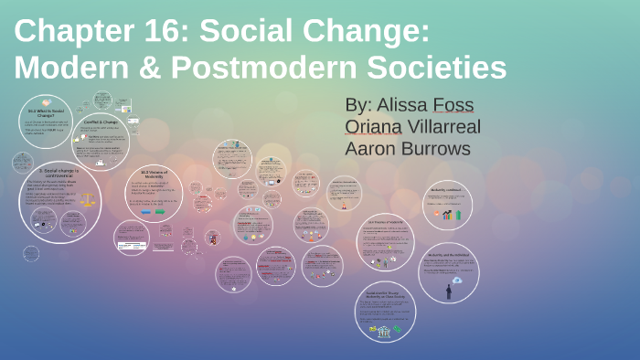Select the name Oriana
[375, 126]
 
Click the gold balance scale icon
[88, 198]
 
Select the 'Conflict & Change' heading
[101, 122]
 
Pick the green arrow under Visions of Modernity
[160, 212]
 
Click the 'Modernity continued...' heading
[447, 191]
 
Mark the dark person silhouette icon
[448, 291]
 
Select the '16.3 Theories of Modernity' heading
[385, 221]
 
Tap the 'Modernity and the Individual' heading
[448, 255]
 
